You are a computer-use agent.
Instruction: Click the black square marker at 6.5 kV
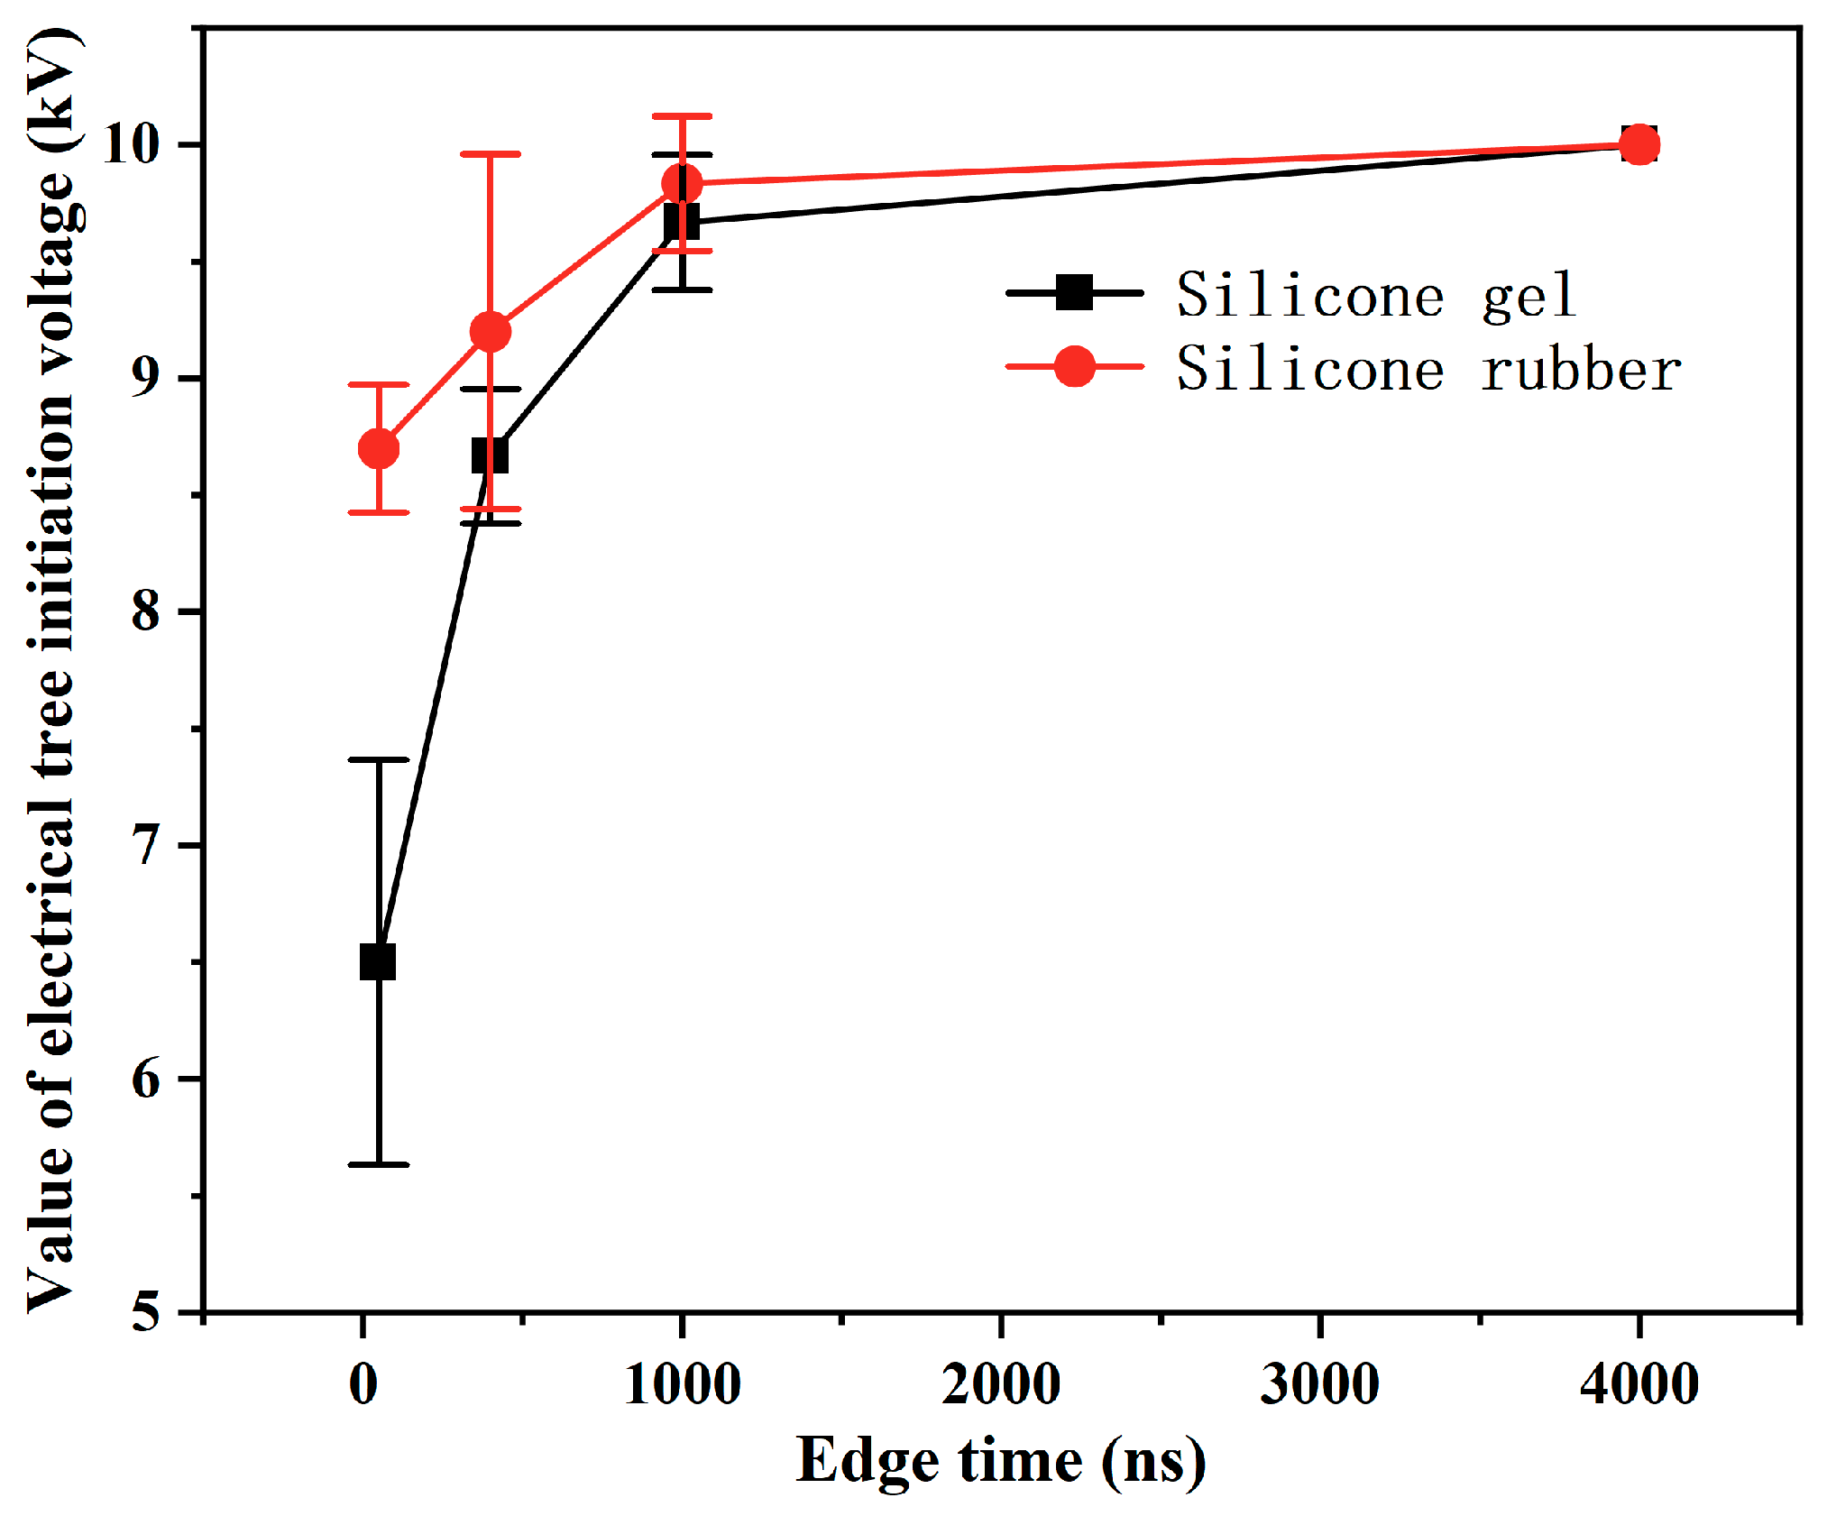pyautogui.click(x=378, y=962)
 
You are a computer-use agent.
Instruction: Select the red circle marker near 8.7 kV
pyautogui.click(x=379, y=448)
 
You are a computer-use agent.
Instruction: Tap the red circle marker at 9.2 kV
pyautogui.click(x=490, y=332)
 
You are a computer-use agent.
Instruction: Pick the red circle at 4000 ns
pyautogui.click(x=1639, y=144)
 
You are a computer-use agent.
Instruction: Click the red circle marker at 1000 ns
pyautogui.click(x=682, y=183)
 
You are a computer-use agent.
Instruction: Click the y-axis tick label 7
pyautogui.click(x=145, y=845)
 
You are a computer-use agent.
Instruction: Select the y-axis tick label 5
pyautogui.click(x=145, y=1311)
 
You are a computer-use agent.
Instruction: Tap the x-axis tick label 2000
pyautogui.click(x=1001, y=1384)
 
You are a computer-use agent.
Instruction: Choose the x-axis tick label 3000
pyautogui.click(x=1319, y=1384)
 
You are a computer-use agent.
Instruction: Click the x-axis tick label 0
pyautogui.click(x=363, y=1384)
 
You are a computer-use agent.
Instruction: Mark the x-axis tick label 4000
pyautogui.click(x=1639, y=1384)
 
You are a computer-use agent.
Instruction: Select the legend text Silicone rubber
pyautogui.click(x=1428, y=369)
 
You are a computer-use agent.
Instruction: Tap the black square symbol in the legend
pyautogui.click(x=1074, y=292)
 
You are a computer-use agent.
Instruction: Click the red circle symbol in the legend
pyautogui.click(x=1074, y=366)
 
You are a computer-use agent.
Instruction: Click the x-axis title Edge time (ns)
pyautogui.click(x=1000, y=1461)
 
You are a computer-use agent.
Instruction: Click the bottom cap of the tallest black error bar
pyautogui.click(x=379, y=1164)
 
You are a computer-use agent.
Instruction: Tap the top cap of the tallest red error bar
pyautogui.click(x=490, y=154)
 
